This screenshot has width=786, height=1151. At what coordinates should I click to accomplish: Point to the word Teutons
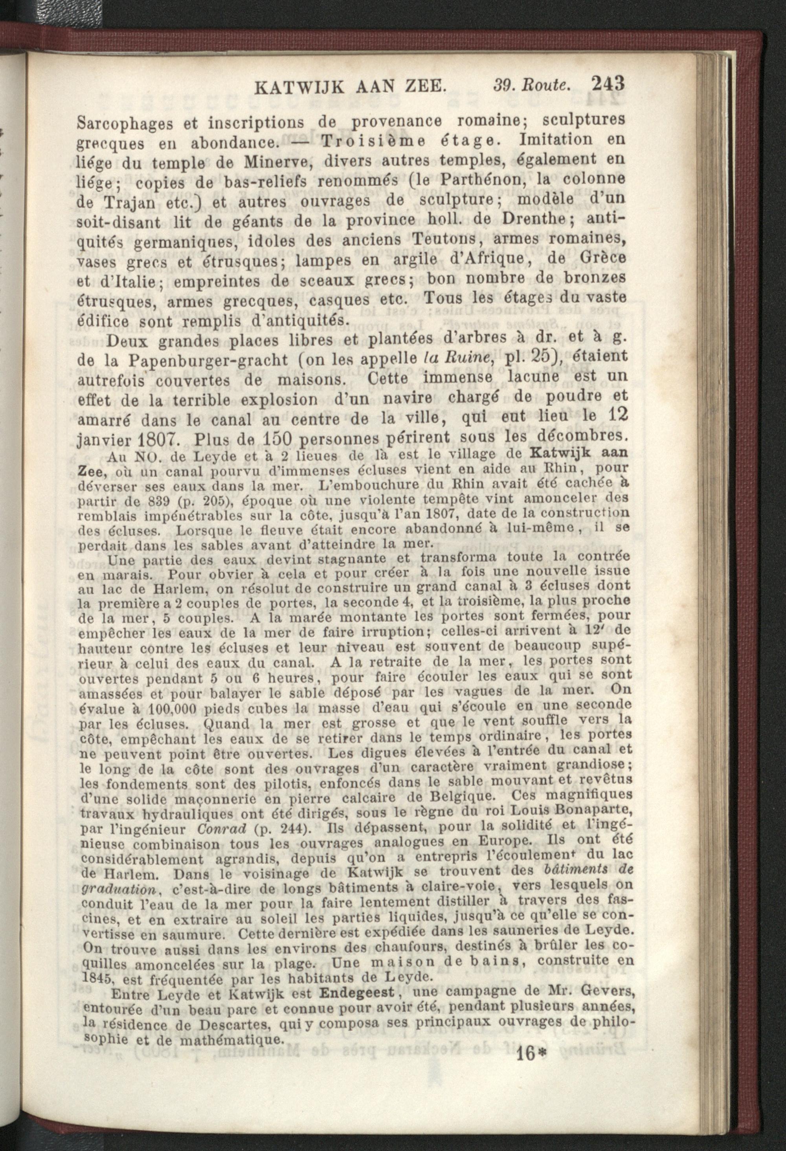click(x=443, y=239)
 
